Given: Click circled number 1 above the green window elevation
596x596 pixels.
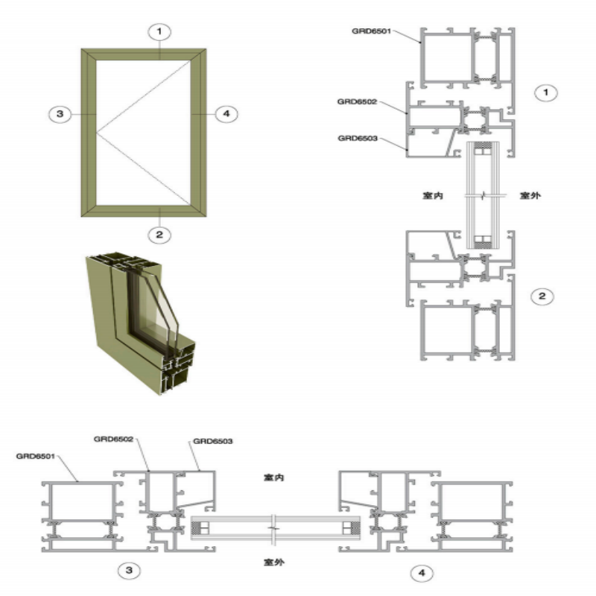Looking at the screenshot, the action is pyautogui.click(x=159, y=31).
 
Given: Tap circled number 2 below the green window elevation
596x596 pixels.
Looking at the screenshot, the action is pyautogui.click(x=159, y=235).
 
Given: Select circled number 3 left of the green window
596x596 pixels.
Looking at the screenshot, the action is pyautogui.click(x=60, y=114).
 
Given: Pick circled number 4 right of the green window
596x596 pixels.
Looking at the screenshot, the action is pyautogui.click(x=226, y=114).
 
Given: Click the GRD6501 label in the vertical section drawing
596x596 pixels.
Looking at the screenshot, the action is pyautogui.click(x=371, y=31).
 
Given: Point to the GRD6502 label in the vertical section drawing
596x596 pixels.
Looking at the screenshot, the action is pyautogui.click(x=358, y=102).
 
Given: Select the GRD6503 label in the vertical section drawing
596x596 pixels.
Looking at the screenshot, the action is pyautogui.click(x=358, y=139).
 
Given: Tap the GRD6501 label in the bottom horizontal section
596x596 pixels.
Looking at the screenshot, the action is pyautogui.click(x=36, y=456).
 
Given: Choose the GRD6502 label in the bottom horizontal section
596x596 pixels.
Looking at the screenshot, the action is pyautogui.click(x=114, y=440).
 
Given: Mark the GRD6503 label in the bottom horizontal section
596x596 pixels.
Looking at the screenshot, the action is pyautogui.click(x=213, y=441).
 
